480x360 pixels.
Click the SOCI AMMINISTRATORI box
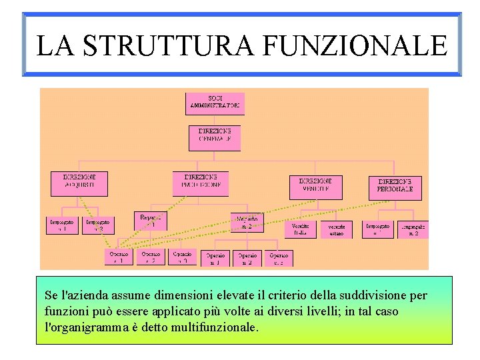coord(215,103)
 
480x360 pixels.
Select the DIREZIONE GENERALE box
coord(215,138)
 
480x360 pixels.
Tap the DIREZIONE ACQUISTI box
coord(79,183)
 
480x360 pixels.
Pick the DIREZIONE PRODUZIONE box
coord(200,183)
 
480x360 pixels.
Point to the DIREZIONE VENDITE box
coord(315,187)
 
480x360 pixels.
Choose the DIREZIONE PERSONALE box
coord(395,187)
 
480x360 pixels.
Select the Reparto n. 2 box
coord(247,222)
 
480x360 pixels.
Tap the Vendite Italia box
coord(301,229)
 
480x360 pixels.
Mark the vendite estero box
coord(336,229)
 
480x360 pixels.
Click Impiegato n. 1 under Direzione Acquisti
coord(62,225)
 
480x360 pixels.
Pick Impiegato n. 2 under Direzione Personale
coord(413,229)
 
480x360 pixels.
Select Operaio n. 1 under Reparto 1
coord(119,257)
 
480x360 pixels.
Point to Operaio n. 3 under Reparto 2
coord(279,258)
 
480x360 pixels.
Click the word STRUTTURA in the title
coord(170,45)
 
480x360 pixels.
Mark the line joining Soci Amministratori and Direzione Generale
coord(215,121)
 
